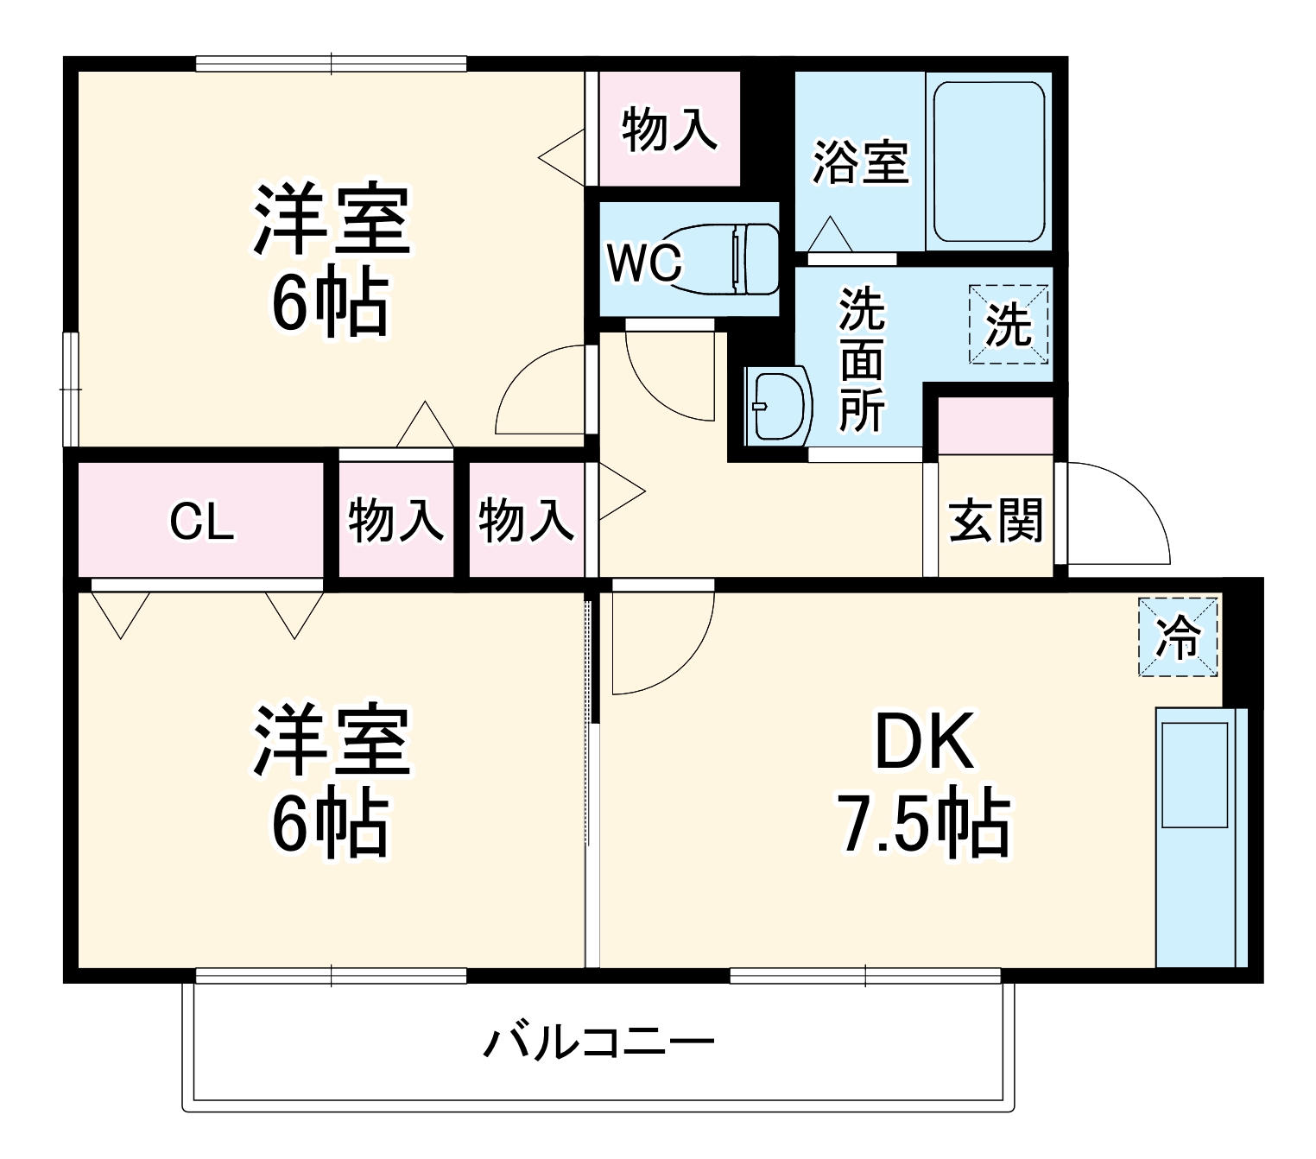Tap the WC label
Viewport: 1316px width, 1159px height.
coord(644,263)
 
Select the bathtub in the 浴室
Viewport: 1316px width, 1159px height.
coord(990,161)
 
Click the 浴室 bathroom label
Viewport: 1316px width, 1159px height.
coord(861,161)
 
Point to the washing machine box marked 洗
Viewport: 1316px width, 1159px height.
coord(1009,325)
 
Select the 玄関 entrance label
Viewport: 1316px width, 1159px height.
coord(996,520)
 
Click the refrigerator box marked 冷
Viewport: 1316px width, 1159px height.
coord(1178,638)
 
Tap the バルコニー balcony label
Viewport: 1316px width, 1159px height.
coord(598,1043)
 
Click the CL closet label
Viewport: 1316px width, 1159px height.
coord(201,522)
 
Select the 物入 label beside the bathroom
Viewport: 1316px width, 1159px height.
coord(669,130)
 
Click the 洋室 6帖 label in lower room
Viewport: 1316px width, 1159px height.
coord(330,780)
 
